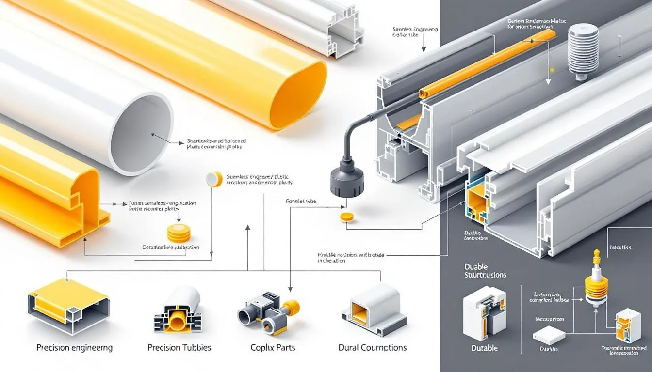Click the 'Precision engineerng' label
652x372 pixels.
(74, 348)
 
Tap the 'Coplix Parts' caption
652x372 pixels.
(273, 348)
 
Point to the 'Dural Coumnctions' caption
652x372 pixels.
(372, 348)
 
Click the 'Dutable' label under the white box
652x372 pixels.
(485, 348)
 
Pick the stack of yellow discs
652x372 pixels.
(179, 233)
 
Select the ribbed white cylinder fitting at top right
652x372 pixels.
(583, 51)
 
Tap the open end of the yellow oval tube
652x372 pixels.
(297, 95)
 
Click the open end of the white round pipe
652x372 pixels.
(141, 134)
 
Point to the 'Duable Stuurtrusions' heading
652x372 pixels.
(485, 271)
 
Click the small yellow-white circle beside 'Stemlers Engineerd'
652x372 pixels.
(214, 179)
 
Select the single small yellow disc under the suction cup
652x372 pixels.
(347, 217)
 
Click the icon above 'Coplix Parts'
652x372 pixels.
(268, 311)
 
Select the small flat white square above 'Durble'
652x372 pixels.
(549, 335)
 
